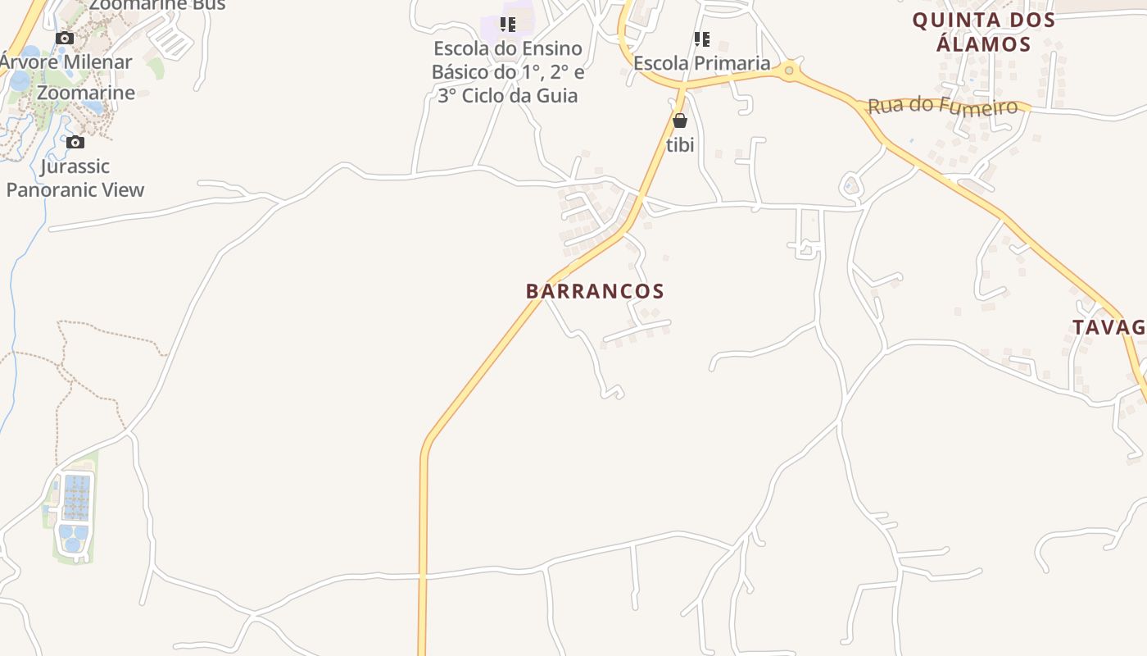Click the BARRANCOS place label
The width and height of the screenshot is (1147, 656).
pos(595,291)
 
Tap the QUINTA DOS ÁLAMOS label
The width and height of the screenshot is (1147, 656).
pos(983,32)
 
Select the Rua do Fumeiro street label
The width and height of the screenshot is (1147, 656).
pos(942,107)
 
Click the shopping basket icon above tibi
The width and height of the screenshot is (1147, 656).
pos(680,121)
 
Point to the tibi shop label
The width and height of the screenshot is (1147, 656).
pos(680,145)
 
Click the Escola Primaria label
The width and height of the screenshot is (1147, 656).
pos(702,63)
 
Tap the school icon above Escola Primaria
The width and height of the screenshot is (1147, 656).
pos(702,39)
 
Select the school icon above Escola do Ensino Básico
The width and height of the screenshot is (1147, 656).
pos(508,25)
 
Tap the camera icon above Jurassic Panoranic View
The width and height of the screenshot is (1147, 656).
pos(75,143)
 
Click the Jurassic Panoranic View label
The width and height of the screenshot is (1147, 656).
pos(75,178)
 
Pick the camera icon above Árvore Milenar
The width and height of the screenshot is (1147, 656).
pos(65,38)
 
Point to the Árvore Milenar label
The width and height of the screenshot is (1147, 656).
pos(67,62)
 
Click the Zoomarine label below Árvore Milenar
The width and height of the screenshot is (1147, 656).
pos(86,93)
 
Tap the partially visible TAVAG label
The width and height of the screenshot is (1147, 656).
pos(1108,327)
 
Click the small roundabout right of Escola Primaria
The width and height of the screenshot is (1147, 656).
pos(789,71)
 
